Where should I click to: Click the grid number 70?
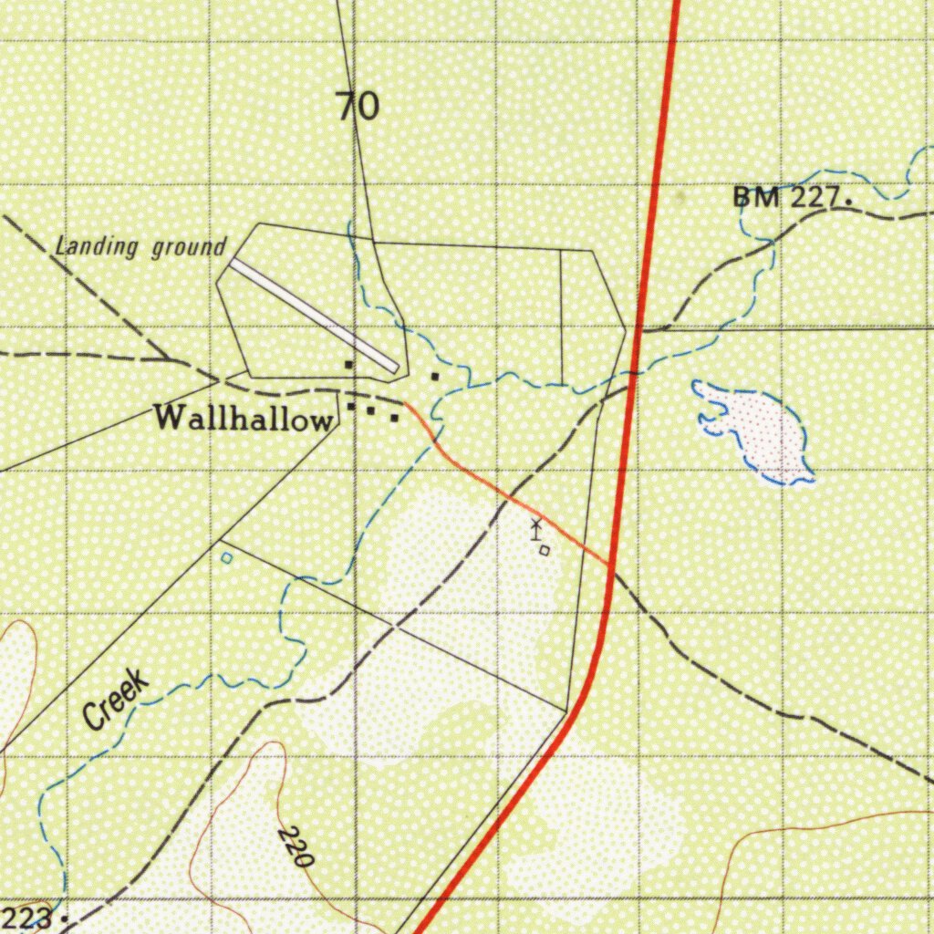click(x=358, y=107)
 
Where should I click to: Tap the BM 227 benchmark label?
click(x=788, y=197)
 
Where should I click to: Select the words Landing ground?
click(x=140, y=246)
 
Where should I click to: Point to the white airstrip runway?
click(x=315, y=315)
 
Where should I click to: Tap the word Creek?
click(x=116, y=700)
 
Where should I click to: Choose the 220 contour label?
click(x=297, y=846)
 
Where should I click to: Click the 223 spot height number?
click(x=25, y=917)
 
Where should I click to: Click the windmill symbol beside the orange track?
click(x=536, y=528)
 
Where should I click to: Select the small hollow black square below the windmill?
click(x=545, y=550)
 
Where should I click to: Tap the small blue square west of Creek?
click(x=226, y=556)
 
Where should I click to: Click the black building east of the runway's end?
click(x=435, y=375)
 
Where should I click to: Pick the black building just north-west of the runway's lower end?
click(x=348, y=365)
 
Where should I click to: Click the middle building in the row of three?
click(x=371, y=410)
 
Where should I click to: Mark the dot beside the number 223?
click(x=64, y=918)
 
